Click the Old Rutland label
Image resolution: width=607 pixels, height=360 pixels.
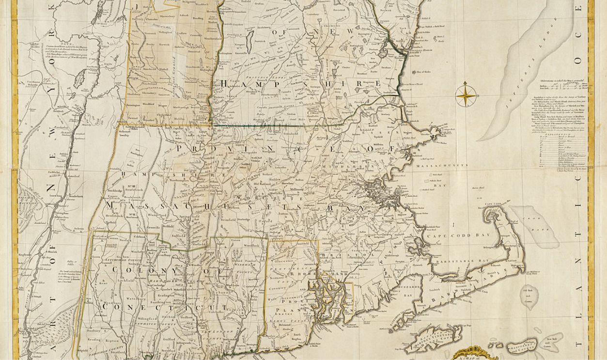click(x=263, y=184)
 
